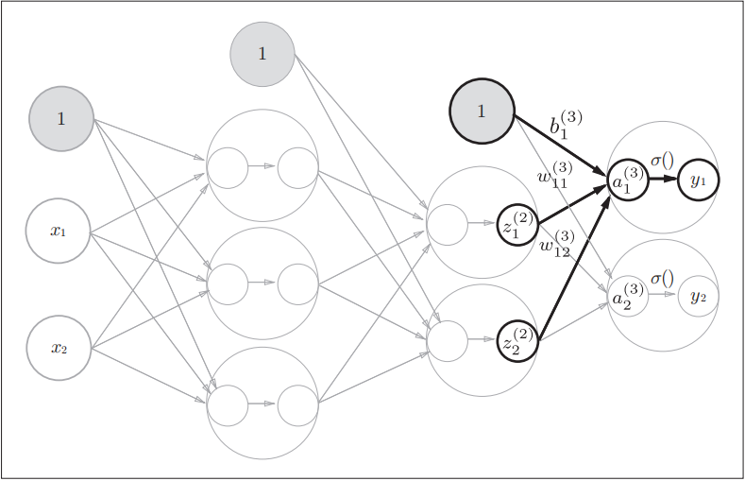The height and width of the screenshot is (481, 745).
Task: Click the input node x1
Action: pos(59,230)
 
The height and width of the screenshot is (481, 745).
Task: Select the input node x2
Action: pos(59,348)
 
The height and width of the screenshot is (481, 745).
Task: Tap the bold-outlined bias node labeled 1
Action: pos(482,112)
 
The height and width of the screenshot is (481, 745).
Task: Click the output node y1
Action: pos(699,179)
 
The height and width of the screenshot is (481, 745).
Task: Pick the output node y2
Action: pos(699,296)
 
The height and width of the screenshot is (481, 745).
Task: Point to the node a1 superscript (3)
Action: pos(628,180)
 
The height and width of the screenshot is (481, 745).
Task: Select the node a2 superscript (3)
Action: pos(628,296)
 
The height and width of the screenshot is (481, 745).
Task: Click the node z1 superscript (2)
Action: pos(517,225)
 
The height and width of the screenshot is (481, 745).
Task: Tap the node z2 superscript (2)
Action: pos(517,341)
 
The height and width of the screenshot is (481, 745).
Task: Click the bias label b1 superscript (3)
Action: pos(566,125)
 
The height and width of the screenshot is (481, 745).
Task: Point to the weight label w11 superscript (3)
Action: pos(553,176)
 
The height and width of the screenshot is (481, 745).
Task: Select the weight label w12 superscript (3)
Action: pos(556,244)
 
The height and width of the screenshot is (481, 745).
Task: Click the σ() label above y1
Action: pos(662,160)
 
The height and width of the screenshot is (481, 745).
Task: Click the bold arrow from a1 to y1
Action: pos(663,179)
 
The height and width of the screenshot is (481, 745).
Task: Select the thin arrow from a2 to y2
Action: pos(663,295)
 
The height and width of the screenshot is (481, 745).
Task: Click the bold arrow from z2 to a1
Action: pos(574,261)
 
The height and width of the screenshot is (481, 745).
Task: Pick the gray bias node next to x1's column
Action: pos(61,119)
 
